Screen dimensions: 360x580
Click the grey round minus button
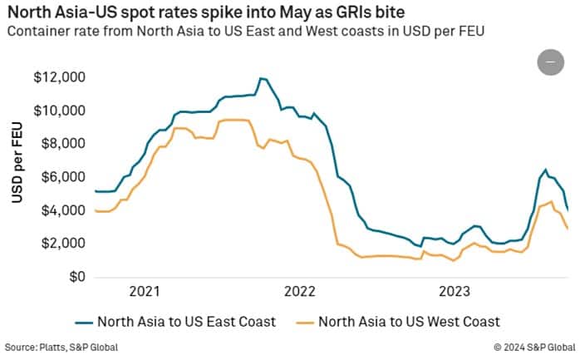pyautogui.click(x=551, y=62)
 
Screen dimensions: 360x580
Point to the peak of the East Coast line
pyautogui.click(x=263, y=79)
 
